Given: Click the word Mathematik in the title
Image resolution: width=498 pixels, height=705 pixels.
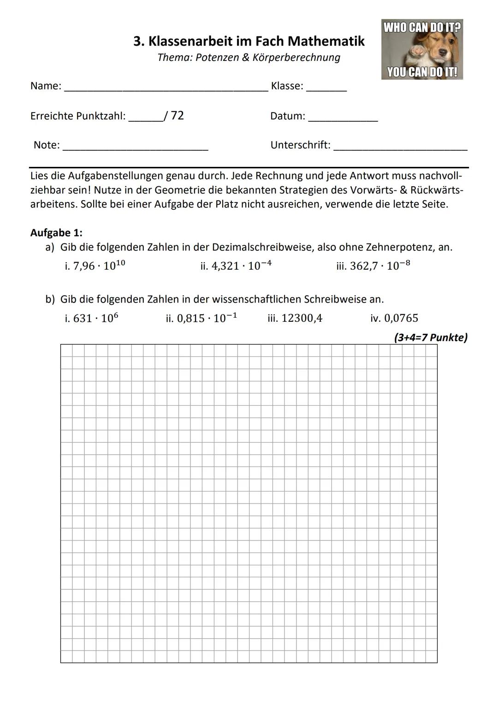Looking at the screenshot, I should click(x=326, y=41).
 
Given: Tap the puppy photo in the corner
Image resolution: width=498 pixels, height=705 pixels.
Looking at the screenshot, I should click(x=422, y=49).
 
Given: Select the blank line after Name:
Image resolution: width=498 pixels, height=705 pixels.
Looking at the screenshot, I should click(x=166, y=89).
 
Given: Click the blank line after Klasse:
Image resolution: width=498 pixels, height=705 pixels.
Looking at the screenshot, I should click(x=326, y=89).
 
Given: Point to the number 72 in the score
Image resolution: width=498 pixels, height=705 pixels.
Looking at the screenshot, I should click(x=177, y=115).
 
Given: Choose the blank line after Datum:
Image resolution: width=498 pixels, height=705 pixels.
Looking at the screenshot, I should click(x=343, y=119).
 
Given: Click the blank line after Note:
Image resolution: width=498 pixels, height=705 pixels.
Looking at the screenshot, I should click(x=135, y=148).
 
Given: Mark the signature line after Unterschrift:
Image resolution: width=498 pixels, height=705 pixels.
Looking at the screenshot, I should click(x=400, y=148).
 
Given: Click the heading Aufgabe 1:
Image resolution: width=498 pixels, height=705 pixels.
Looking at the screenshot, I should click(x=56, y=233).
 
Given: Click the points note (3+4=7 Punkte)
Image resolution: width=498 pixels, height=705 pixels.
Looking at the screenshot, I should click(x=430, y=338).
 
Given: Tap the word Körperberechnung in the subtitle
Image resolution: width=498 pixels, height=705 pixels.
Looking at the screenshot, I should click(x=296, y=58).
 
